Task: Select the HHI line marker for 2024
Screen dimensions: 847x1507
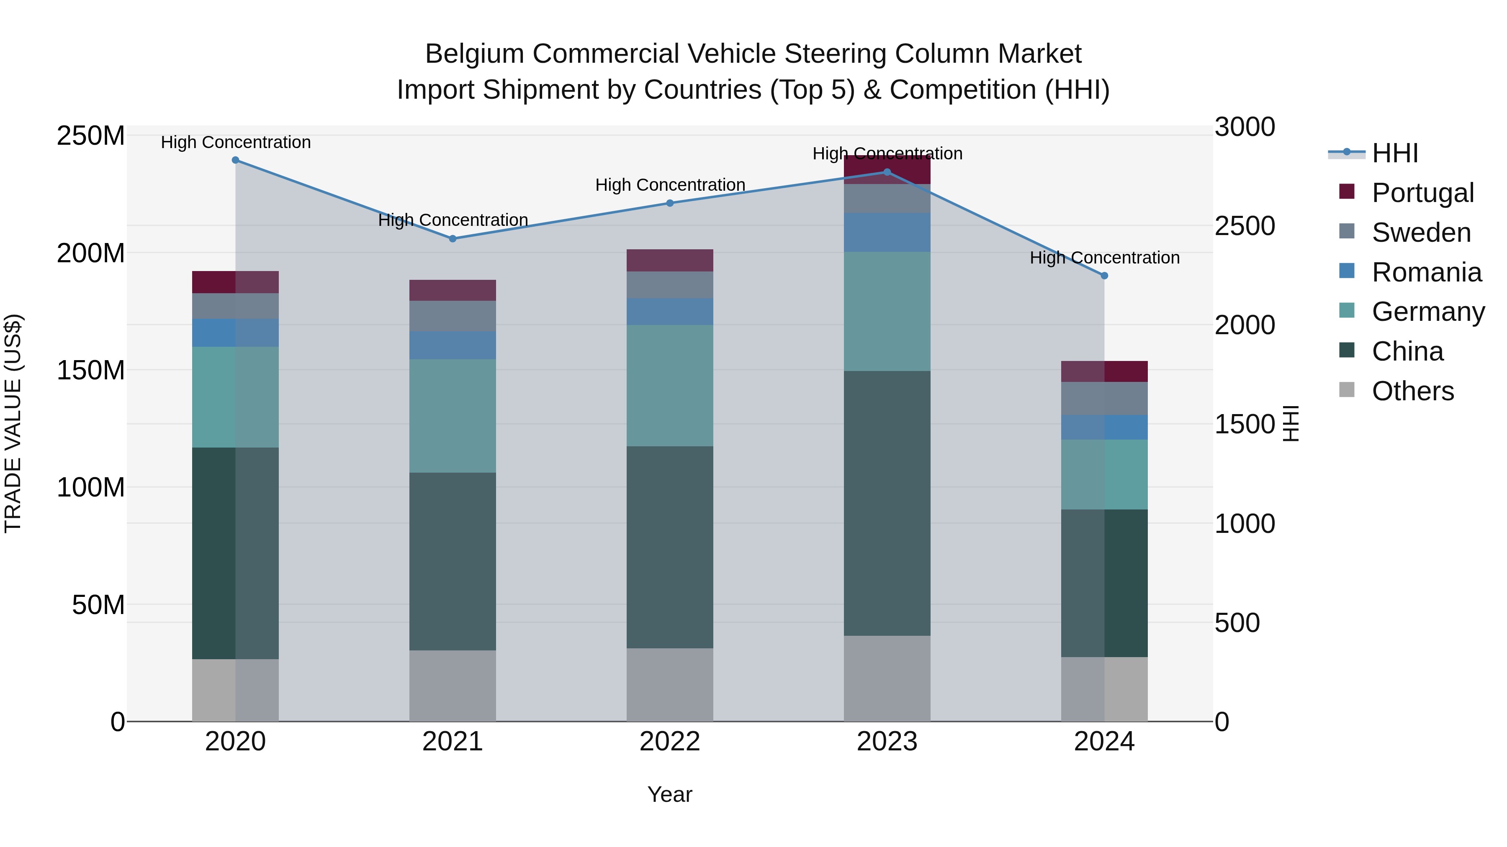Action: tap(1104, 275)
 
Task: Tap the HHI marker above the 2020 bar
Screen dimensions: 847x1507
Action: tap(235, 160)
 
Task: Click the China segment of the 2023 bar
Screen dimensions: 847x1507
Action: tap(887, 503)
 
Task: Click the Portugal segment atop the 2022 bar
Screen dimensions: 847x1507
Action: tap(670, 260)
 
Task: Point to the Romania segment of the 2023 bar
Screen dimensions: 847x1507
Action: tap(887, 232)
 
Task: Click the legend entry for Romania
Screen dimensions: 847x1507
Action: tap(1426, 272)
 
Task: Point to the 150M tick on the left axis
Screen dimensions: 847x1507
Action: tap(91, 370)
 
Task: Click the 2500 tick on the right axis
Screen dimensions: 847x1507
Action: tap(1245, 226)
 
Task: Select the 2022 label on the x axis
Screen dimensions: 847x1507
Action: tap(670, 742)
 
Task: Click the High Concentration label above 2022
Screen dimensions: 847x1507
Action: tap(670, 185)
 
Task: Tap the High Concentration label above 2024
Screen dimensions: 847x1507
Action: tap(1104, 257)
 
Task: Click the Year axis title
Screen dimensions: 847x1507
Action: tap(670, 794)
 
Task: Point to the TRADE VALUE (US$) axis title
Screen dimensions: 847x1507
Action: tap(13, 423)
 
